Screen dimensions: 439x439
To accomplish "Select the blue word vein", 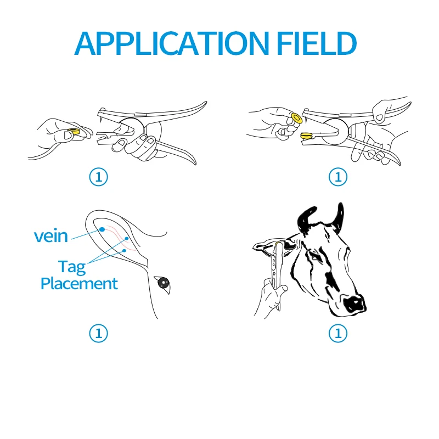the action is click(50, 236).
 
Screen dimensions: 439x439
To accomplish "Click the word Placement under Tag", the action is click(79, 284).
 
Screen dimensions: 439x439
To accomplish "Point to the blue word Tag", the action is click(72, 267).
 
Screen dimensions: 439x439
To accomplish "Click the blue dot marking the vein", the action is click(102, 228).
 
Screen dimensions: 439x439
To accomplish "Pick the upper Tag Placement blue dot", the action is click(127, 238).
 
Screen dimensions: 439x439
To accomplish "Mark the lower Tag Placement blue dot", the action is click(125, 250).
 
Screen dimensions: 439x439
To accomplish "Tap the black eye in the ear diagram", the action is click(163, 283).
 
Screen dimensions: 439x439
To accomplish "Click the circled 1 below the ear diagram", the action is click(99, 333).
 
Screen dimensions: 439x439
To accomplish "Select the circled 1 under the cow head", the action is click(338, 333).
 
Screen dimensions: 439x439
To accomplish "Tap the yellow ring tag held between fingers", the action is click(72, 132).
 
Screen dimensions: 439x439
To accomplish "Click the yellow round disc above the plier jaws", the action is click(296, 117).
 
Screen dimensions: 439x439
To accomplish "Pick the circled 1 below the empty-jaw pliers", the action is click(99, 177).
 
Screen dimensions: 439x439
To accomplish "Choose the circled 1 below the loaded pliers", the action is click(338, 177).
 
